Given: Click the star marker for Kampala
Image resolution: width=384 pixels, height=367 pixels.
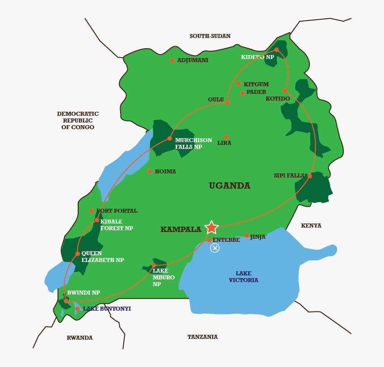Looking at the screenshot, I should click(x=211, y=227).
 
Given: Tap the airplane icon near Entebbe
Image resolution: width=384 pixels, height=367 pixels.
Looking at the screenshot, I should click(x=215, y=248).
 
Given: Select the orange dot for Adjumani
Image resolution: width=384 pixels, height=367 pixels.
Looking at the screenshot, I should click(x=172, y=60).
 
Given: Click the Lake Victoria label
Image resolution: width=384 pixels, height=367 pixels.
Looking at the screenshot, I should click(x=243, y=277).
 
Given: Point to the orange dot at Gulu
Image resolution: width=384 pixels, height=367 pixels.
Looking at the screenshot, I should click(x=227, y=102).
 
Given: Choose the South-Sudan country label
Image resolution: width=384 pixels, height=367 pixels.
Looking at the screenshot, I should click(x=210, y=36).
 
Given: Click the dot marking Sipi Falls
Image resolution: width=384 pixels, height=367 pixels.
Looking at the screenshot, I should click(x=309, y=176).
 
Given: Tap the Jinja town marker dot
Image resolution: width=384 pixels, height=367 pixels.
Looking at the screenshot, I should click(x=246, y=236).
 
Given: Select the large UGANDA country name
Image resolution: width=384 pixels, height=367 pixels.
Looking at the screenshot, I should click(x=230, y=186).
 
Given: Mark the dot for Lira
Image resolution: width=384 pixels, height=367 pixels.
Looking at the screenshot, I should click(x=226, y=137).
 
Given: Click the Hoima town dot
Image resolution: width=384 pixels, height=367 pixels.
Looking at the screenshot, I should click(x=150, y=171).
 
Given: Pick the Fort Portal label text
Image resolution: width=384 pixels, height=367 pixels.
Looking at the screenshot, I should click(x=117, y=211).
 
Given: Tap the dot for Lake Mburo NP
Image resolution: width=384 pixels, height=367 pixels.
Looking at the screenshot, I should click(x=154, y=265).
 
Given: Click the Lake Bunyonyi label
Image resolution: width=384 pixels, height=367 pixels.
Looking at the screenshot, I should click(x=107, y=309).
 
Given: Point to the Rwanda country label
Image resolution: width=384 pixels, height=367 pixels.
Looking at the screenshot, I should click(x=79, y=338).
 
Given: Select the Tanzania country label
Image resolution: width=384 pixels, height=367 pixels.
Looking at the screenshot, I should click(x=202, y=337).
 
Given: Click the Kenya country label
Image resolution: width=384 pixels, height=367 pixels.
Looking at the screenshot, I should click(x=311, y=226).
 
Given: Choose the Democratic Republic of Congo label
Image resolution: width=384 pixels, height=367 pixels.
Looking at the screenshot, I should click(x=78, y=121).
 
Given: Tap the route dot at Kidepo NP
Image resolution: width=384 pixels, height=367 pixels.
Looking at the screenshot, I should click(x=276, y=50).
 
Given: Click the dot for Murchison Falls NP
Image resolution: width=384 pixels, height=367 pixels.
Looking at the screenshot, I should click(x=170, y=139).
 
